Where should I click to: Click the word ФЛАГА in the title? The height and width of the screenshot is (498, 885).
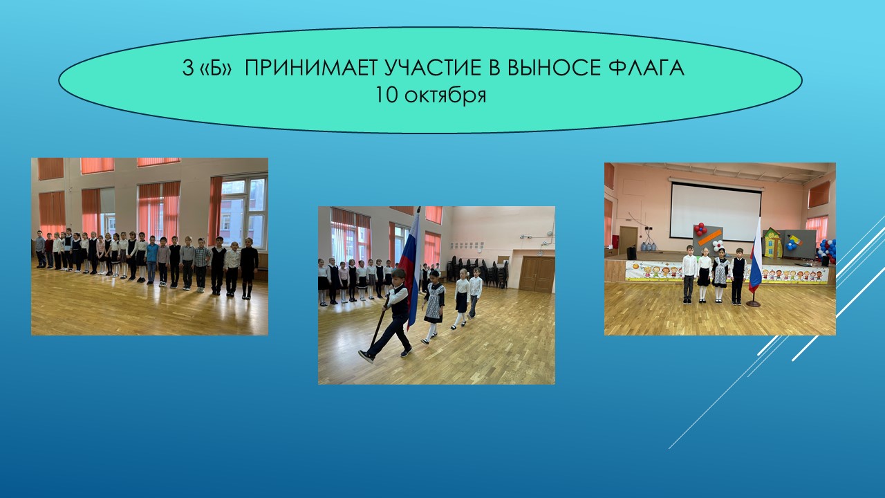(646, 68)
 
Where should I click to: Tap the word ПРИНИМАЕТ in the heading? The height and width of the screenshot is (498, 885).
(311, 68)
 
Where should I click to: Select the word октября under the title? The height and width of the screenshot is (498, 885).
(445, 95)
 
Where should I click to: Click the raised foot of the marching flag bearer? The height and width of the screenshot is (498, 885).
(366, 356)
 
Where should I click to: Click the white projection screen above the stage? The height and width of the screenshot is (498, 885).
(716, 211)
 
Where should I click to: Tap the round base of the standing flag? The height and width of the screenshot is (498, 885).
(753, 304)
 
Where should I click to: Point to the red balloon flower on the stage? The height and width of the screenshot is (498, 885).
(700, 228)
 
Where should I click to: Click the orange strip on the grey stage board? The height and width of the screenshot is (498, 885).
(710, 239)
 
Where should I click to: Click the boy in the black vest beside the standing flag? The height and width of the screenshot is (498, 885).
(738, 276)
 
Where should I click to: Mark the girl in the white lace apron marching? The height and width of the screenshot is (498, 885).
(434, 306)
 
